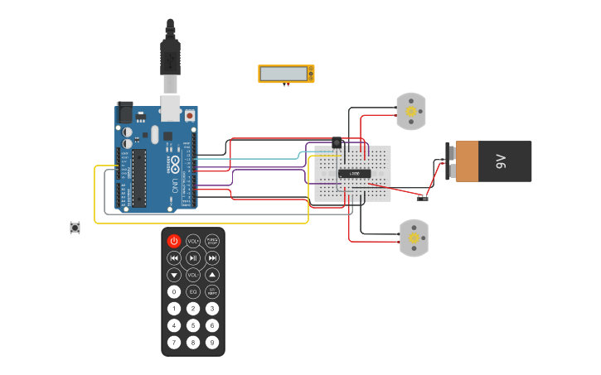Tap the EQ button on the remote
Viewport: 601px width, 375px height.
click(x=193, y=291)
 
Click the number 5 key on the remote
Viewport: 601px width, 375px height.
click(x=193, y=325)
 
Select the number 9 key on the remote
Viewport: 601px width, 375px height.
click(x=212, y=342)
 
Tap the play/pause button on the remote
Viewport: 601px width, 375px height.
click(x=193, y=257)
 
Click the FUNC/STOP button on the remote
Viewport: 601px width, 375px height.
click(x=212, y=241)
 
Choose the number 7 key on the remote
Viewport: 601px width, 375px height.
click(x=174, y=342)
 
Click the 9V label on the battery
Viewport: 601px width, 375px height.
click(x=500, y=161)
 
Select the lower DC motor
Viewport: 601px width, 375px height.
click(x=413, y=238)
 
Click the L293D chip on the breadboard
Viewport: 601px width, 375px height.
click(x=354, y=173)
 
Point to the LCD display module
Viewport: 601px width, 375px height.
click(x=286, y=74)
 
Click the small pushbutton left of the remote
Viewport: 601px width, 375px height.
click(x=75, y=227)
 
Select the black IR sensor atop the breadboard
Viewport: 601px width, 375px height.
click(x=337, y=142)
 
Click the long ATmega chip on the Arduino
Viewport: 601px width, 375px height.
click(x=139, y=177)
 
